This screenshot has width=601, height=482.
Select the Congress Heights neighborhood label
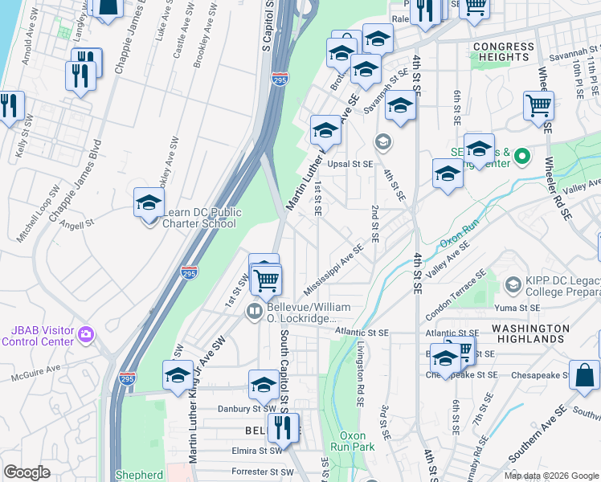tap(504, 52)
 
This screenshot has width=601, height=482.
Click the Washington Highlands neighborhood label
tap(530, 333)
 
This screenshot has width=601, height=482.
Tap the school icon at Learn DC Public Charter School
tap(149, 202)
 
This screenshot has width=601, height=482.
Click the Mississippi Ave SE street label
tap(334, 270)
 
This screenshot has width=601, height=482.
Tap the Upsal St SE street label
tap(351, 164)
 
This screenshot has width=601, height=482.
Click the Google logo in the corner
tap(27, 472)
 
